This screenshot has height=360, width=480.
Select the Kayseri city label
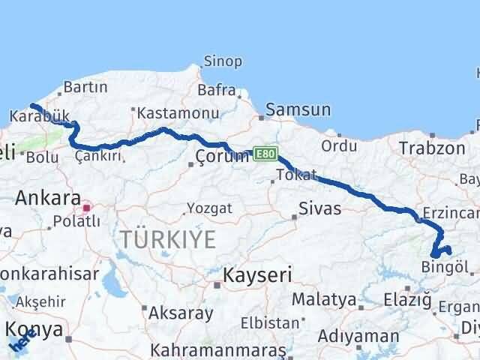(253, 275)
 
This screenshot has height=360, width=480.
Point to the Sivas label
(320, 208)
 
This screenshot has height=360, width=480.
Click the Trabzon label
(433, 148)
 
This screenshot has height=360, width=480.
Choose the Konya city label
(32, 329)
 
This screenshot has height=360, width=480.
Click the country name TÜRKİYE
(169, 240)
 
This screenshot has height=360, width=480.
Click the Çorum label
(221, 156)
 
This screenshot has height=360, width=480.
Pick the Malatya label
(324, 299)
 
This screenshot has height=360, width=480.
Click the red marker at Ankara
(87, 207)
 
